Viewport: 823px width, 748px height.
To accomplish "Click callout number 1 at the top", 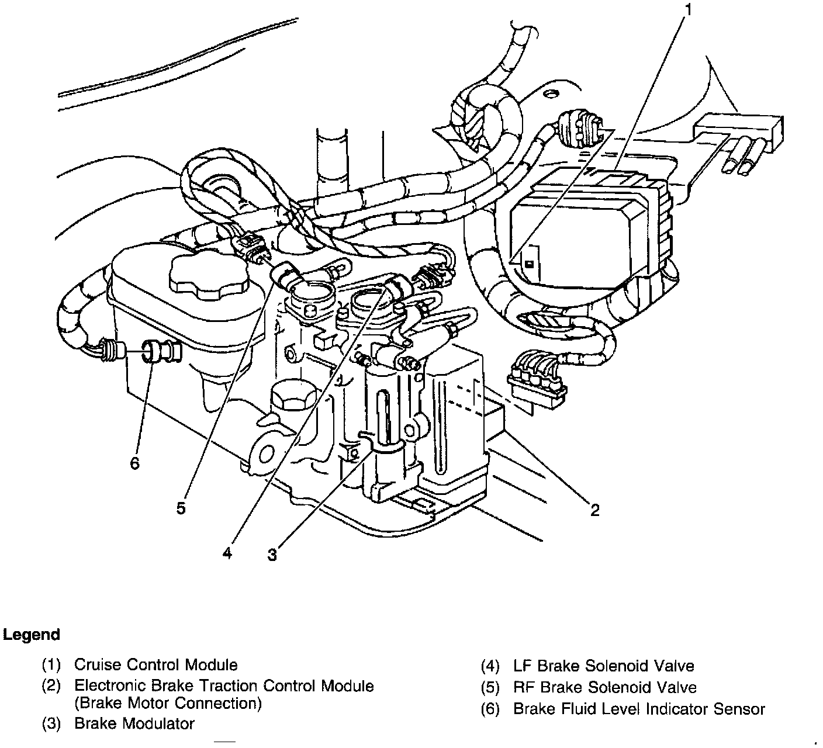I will pos(689,10).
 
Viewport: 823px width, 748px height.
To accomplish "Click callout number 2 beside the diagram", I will pos(594,510).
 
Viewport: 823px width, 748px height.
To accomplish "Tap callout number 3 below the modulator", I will pos(272,555).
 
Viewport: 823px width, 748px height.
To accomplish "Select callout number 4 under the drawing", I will pos(227,552).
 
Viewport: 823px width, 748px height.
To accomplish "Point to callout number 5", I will pos(181,508).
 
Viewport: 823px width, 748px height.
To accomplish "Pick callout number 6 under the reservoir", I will pos(135,463).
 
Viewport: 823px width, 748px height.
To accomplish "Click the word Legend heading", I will pos(32,635).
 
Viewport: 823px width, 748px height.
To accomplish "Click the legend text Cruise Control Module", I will pos(156,665).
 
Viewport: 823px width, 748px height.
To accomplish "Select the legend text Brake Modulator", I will pos(134,723).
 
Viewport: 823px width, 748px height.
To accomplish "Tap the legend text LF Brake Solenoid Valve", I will pos(604,666).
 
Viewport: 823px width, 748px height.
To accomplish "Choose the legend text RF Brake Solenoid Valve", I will pos(605,687).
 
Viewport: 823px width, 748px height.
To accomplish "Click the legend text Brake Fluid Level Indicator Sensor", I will pos(639,709).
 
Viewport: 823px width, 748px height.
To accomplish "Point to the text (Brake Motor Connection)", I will pos(168,703).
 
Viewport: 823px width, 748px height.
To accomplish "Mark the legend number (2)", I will pos(51,686).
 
